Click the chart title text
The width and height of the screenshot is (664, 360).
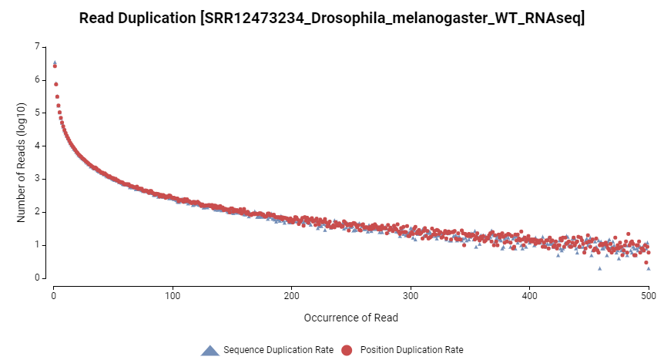(332, 18)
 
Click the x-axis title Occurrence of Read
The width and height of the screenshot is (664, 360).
(350, 317)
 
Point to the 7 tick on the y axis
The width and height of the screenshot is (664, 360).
(36, 47)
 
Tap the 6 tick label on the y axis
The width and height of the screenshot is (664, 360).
(36, 80)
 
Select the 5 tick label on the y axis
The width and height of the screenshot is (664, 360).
(36, 113)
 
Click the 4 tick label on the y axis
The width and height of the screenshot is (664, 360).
(36, 146)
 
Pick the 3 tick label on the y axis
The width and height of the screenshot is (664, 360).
(36, 179)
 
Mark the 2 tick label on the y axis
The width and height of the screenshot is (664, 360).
(36, 212)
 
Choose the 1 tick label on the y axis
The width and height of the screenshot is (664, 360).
(36, 245)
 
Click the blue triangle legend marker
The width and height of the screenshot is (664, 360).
(210, 350)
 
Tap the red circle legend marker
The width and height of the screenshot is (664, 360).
(347, 350)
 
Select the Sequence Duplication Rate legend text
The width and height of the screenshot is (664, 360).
(278, 350)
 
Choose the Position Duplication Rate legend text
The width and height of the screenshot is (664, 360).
(411, 350)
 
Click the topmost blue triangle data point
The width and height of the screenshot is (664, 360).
(55, 62)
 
